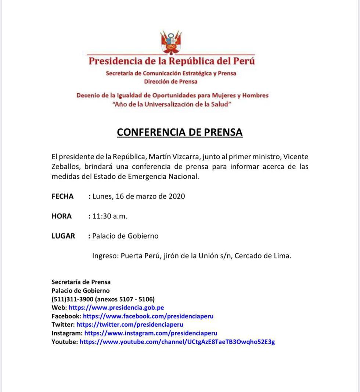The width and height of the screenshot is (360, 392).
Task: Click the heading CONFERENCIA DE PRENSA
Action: (x=180, y=132)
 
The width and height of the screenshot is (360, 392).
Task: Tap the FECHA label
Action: (x=62, y=196)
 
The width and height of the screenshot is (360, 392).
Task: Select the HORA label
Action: (x=62, y=216)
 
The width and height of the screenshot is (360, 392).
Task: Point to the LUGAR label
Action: (x=63, y=236)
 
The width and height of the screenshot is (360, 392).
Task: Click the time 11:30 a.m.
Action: (x=110, y=216)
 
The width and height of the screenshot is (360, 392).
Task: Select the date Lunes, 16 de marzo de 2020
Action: (x=138, y=196)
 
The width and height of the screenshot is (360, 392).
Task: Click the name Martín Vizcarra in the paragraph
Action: (x=174, y=157)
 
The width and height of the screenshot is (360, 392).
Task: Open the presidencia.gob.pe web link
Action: (x=116, y=308)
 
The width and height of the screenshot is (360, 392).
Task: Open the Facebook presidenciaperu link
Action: (x=148, y=316)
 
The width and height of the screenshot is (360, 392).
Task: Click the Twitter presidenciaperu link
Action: (x=130, y=324)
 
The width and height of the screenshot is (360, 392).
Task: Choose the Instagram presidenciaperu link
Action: (x=151, y=333)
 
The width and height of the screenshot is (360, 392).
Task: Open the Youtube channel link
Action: (x=177, y=342)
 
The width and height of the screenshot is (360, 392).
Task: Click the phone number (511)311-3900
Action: (x=72, y=299)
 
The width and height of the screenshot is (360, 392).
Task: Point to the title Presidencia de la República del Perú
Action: (x=172, y=61)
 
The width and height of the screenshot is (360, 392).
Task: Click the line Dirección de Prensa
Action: (x=171, y=81)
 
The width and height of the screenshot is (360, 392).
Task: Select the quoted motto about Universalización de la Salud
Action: (x=172, y=104)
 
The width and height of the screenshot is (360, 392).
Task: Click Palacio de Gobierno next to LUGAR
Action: (x=125, y=236)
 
